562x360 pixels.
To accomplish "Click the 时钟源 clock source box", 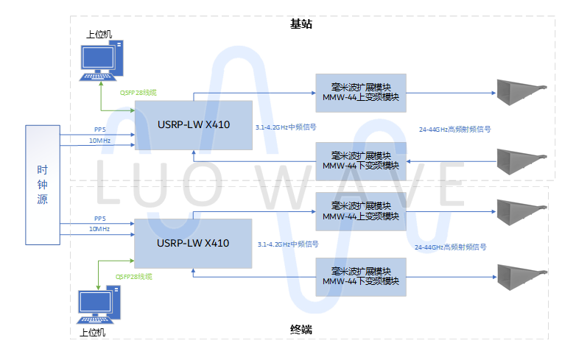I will [x=43, y=185].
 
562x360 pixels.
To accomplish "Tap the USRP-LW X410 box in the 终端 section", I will [x=193, y=242].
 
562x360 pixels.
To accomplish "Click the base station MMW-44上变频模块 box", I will [x=361, y=93].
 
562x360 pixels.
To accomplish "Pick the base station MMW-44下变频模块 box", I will [x=361, y=160].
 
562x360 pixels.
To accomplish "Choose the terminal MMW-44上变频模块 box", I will [x=361, y=211].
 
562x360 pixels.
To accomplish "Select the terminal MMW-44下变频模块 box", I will [x=361, y=277].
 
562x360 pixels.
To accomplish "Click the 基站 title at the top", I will [x=301, y=24].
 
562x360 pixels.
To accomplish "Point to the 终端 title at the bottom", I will [x=301, y=330].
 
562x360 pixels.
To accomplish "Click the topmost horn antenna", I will [x=524, y=93].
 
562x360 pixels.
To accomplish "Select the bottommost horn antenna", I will [x=524, y=278].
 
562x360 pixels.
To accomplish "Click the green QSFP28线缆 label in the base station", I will [x=138, y=93].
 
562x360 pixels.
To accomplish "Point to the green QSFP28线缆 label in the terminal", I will [x=134, y=276].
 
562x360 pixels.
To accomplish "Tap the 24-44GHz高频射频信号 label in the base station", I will [x=454, y=129].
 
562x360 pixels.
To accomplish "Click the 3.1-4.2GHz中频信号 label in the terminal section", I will [x=288, y=244].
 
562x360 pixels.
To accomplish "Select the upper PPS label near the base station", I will [x=100, y=130].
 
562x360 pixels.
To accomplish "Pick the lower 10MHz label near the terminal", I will [x=100, y=229].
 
